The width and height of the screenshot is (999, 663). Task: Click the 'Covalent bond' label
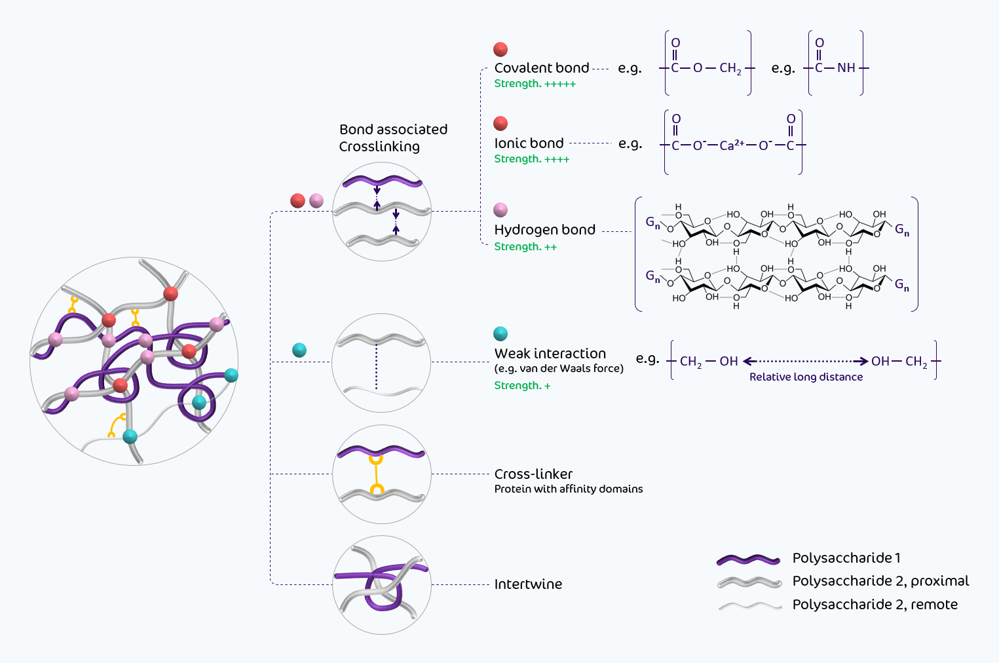coord(542,68)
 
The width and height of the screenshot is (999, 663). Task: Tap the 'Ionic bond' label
coord(529,143)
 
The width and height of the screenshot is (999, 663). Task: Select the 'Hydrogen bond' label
coord(544,230)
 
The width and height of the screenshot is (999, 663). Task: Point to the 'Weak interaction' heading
coord(550,354)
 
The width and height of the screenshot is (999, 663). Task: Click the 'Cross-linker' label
coord(533,474)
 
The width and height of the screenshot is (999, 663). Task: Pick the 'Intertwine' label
coord(528,584)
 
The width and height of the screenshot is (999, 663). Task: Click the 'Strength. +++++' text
coord(535,84)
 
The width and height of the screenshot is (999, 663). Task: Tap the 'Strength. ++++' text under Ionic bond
coord(531,159)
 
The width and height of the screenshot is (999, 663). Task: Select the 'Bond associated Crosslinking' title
coord(392,138)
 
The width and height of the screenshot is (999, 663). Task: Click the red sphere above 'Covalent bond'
coord(500,49)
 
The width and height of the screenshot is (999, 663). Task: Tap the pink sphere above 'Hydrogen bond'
coord(500,210)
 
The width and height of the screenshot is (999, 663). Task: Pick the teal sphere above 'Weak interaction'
coord(500,333)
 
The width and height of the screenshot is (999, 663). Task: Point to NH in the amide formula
coord(846,68)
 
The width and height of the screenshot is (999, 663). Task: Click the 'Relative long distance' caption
coord(806,377)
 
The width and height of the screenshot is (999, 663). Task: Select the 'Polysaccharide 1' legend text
coord(846,558)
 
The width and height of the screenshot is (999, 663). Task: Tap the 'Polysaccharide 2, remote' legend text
coord(875,605)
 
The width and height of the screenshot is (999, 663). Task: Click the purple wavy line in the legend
coord(749,559)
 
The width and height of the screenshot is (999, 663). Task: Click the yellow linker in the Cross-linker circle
coord(376,474)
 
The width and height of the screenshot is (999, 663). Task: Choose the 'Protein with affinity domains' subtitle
coord(568,489)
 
